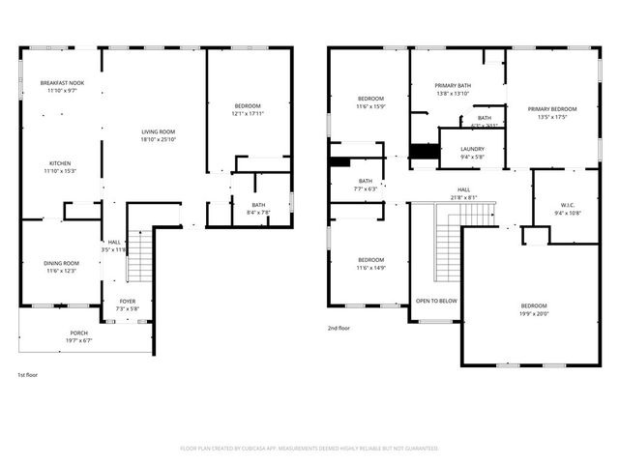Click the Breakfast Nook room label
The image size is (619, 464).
62,84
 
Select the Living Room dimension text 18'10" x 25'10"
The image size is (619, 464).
159,140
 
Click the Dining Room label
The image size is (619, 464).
61,263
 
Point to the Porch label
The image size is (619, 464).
78,333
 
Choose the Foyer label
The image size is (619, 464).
128,302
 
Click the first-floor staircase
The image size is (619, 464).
141,256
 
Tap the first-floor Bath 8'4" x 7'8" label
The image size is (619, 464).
259,205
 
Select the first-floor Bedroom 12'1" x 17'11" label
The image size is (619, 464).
248,105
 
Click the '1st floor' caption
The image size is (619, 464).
28,374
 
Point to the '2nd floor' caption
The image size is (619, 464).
339,329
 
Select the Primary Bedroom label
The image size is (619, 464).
552,109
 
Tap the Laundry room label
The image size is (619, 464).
472,149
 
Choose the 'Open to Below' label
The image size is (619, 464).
436,301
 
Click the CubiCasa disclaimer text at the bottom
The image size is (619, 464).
309,449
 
